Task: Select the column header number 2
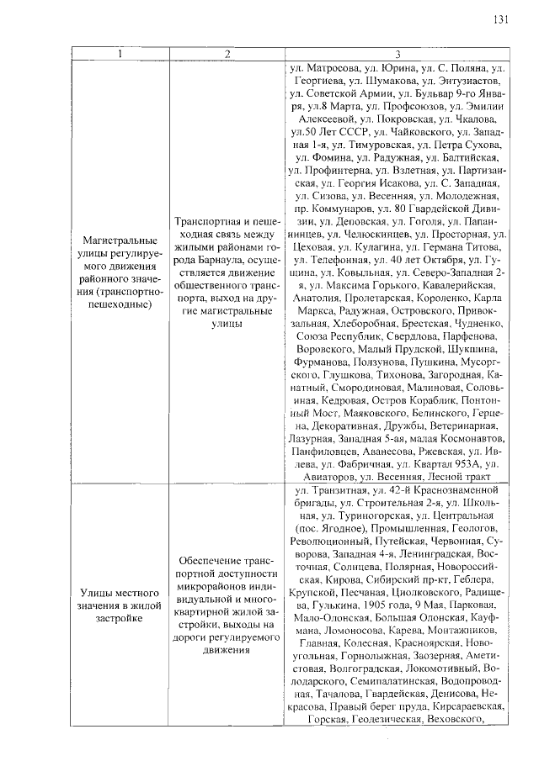(x=227, y=55)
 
